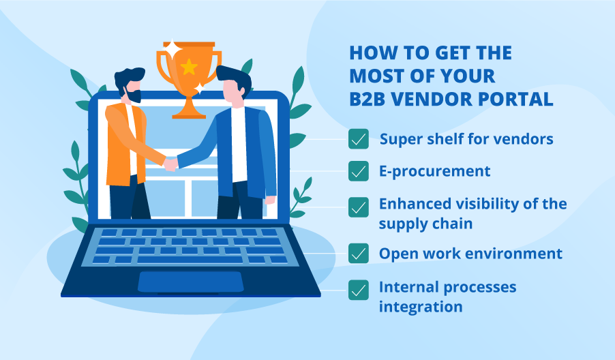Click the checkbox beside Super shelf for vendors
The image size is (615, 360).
359,139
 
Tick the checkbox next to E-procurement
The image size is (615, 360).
359,171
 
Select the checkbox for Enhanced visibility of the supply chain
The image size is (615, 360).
359,207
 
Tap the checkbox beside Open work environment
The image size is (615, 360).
359,254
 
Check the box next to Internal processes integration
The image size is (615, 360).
359,290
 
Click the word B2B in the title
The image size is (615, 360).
368,99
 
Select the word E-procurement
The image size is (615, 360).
434,171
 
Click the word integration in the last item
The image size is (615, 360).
421,307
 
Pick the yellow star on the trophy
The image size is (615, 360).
189,67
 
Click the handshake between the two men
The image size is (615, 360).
170,164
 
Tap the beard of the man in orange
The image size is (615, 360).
132,96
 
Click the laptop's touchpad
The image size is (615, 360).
191,282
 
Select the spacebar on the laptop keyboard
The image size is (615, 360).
190,260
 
